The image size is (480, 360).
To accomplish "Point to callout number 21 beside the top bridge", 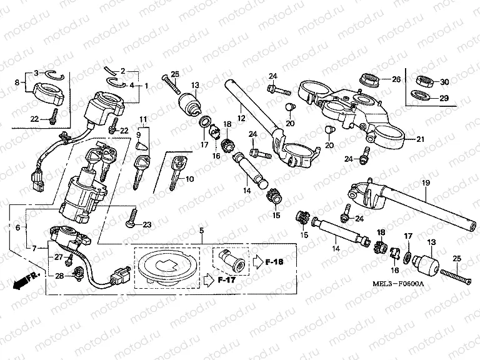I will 420,139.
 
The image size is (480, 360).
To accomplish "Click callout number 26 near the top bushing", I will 396,79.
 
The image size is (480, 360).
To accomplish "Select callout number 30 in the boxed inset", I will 444,82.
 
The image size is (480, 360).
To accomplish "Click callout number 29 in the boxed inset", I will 444,98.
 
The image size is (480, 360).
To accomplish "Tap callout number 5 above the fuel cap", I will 201,231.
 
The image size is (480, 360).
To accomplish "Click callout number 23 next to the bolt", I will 148,224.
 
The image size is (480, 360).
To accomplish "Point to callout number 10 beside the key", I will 189,179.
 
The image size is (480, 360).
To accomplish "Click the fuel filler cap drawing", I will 165,266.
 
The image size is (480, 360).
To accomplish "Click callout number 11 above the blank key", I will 143,119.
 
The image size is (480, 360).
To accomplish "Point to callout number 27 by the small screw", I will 58,257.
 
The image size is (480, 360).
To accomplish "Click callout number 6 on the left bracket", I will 17,227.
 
